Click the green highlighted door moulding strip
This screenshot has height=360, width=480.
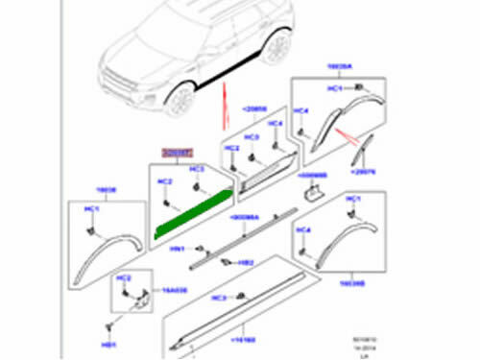pos(192,217)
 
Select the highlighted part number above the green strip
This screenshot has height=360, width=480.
pos(177,152)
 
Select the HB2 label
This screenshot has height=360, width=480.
pos(246,263)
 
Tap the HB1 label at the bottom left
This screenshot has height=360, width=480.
pos(109,343)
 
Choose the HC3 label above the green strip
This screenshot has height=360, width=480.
pos(198,170)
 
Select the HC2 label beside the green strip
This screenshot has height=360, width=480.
pos(164,182)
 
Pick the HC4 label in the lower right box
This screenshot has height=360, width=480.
pos(304,230)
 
